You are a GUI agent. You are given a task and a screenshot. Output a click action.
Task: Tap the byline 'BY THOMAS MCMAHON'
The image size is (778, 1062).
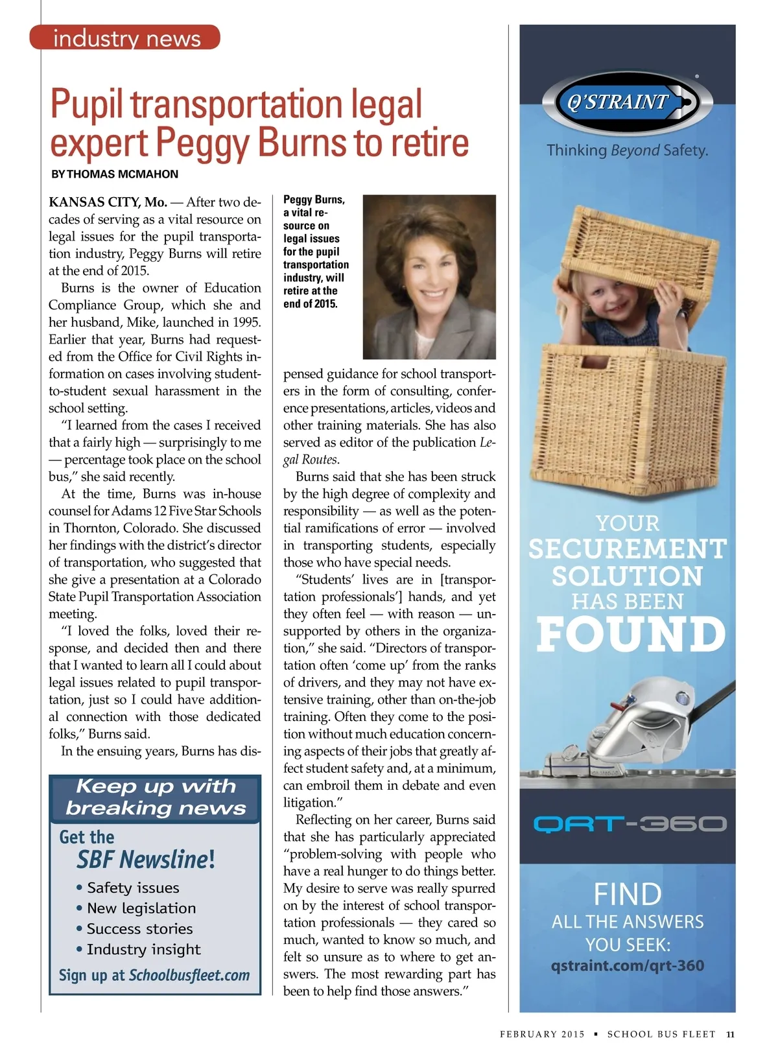115,174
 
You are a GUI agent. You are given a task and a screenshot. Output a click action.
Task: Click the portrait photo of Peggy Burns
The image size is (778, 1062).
429,277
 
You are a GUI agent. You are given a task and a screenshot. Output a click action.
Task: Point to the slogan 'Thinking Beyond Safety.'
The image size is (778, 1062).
627,150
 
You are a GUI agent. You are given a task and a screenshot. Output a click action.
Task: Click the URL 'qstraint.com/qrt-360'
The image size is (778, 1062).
627,965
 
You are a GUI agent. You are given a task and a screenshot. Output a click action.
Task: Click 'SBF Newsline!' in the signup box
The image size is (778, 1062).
146,860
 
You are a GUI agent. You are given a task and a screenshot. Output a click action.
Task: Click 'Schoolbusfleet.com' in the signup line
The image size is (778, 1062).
189,975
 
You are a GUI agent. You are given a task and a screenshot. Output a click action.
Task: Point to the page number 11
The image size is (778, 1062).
730,1034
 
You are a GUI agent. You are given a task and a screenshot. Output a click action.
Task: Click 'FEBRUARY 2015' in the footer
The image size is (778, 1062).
542,1034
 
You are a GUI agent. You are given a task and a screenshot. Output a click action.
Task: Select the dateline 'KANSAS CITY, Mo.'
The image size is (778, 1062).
108,202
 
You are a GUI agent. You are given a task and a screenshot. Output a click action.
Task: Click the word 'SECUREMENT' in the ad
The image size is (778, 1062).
627,549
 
